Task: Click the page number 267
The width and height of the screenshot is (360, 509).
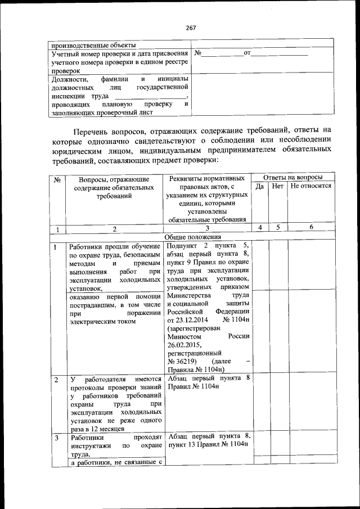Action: [190, 28]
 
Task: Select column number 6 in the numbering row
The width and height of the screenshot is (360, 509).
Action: [311, 228]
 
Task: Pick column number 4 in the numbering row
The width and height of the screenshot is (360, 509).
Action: [260, 228]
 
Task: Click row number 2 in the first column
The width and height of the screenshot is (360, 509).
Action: [57, 380]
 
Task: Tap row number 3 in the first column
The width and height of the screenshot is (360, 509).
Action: [57, 436]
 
